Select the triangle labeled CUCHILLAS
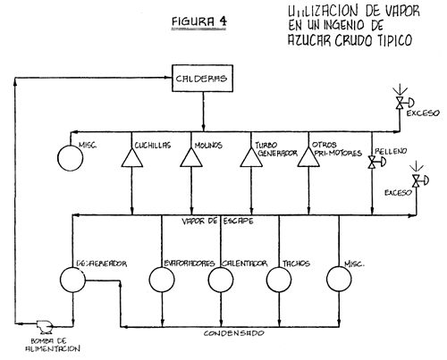131,158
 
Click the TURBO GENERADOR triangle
252,158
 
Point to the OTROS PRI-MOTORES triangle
308,158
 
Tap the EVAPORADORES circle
161,280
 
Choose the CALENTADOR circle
221,280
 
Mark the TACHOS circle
281,280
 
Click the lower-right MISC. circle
344,280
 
